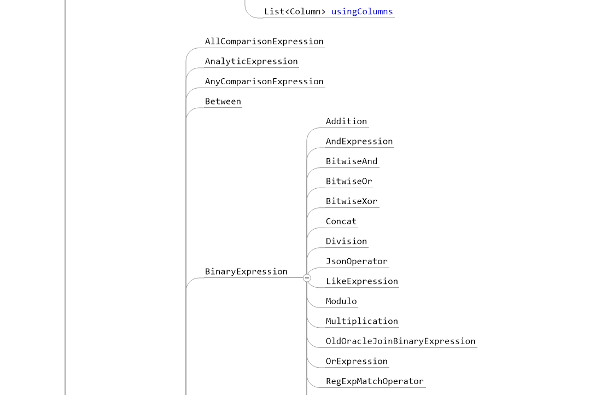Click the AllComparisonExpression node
click(x=264, y=42)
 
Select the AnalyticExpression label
click(x=251, y=61)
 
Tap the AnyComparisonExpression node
click(x=264, y=82)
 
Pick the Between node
click(x=223, y=101)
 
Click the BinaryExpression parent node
click(x=246, y=271)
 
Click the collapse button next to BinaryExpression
click(x=307, y=278)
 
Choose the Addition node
click(x=347, y=121)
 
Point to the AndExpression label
click(x=359, y=141)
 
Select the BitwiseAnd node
click(x=352, y=161)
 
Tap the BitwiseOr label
click(x=349, y=181)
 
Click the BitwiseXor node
click(x=352, y=201)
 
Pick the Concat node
click(x=341, y=221)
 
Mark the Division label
click(x=347, y=241)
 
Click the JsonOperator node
click(x=357, y=261)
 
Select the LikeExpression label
click(x=362, y=281)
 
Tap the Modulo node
click(x=341, y=301)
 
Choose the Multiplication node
click(x=362, y=321)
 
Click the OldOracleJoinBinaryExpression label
click(x=400, y=341)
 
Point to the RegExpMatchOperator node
click(x=375, y=381)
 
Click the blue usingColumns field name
click(x=362, y=11)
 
